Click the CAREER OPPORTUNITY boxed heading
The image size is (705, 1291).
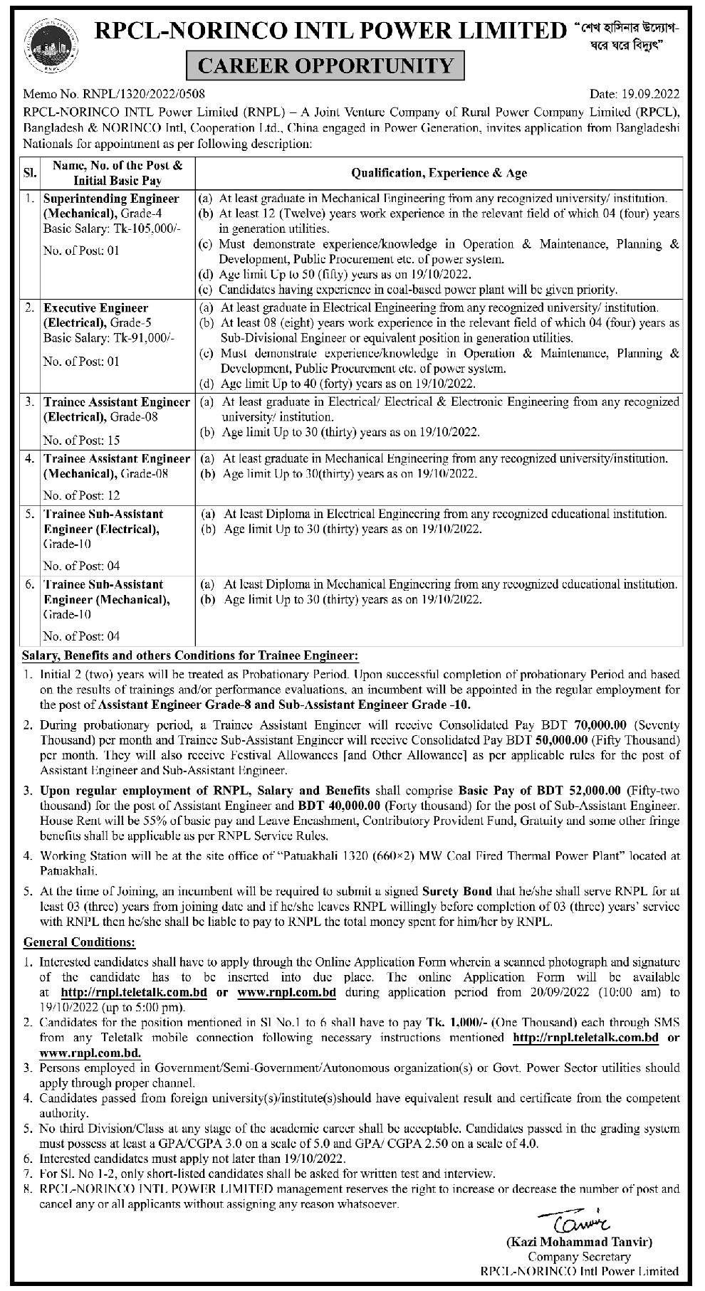pos(325,66)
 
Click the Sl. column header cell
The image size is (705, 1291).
pos(31,173)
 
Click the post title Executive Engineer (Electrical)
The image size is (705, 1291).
pos(96,315)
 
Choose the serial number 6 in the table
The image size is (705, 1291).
pos(30,584)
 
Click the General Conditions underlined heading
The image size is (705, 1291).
pos(79,942)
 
